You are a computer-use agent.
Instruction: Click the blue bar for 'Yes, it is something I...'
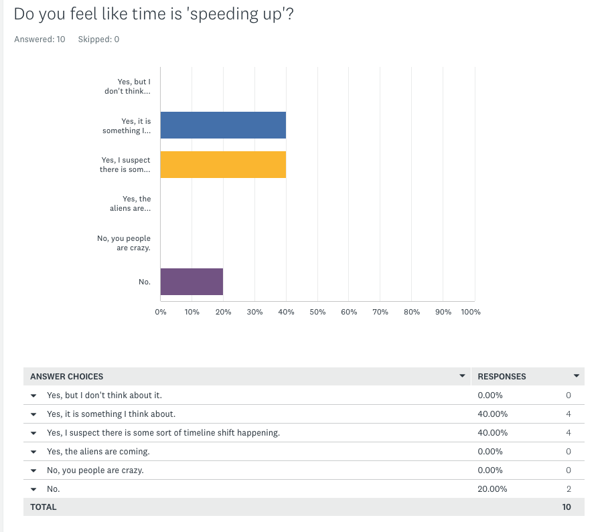223,125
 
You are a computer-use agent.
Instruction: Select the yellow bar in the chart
223,165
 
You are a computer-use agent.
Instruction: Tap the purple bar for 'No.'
192,282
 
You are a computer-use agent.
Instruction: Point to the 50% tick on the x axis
317,312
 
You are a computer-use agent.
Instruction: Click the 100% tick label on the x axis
471,312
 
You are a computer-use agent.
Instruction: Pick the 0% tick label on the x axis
161,312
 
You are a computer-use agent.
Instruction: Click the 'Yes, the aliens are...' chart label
130,203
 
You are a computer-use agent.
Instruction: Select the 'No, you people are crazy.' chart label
124,243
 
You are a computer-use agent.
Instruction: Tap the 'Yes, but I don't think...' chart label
127,86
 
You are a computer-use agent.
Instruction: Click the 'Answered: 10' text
40,39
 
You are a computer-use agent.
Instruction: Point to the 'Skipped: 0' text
98,39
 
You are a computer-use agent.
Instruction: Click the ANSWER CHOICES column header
67,377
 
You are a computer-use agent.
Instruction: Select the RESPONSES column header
502,377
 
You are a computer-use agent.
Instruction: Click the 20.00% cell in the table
492,489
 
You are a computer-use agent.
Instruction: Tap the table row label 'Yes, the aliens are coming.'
98,452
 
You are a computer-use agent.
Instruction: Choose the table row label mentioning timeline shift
163,433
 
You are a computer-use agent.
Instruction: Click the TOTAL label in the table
44,507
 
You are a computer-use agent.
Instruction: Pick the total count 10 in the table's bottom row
567,507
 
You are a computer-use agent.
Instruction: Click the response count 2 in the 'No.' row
569,489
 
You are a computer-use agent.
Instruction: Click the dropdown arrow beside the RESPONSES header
577,376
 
